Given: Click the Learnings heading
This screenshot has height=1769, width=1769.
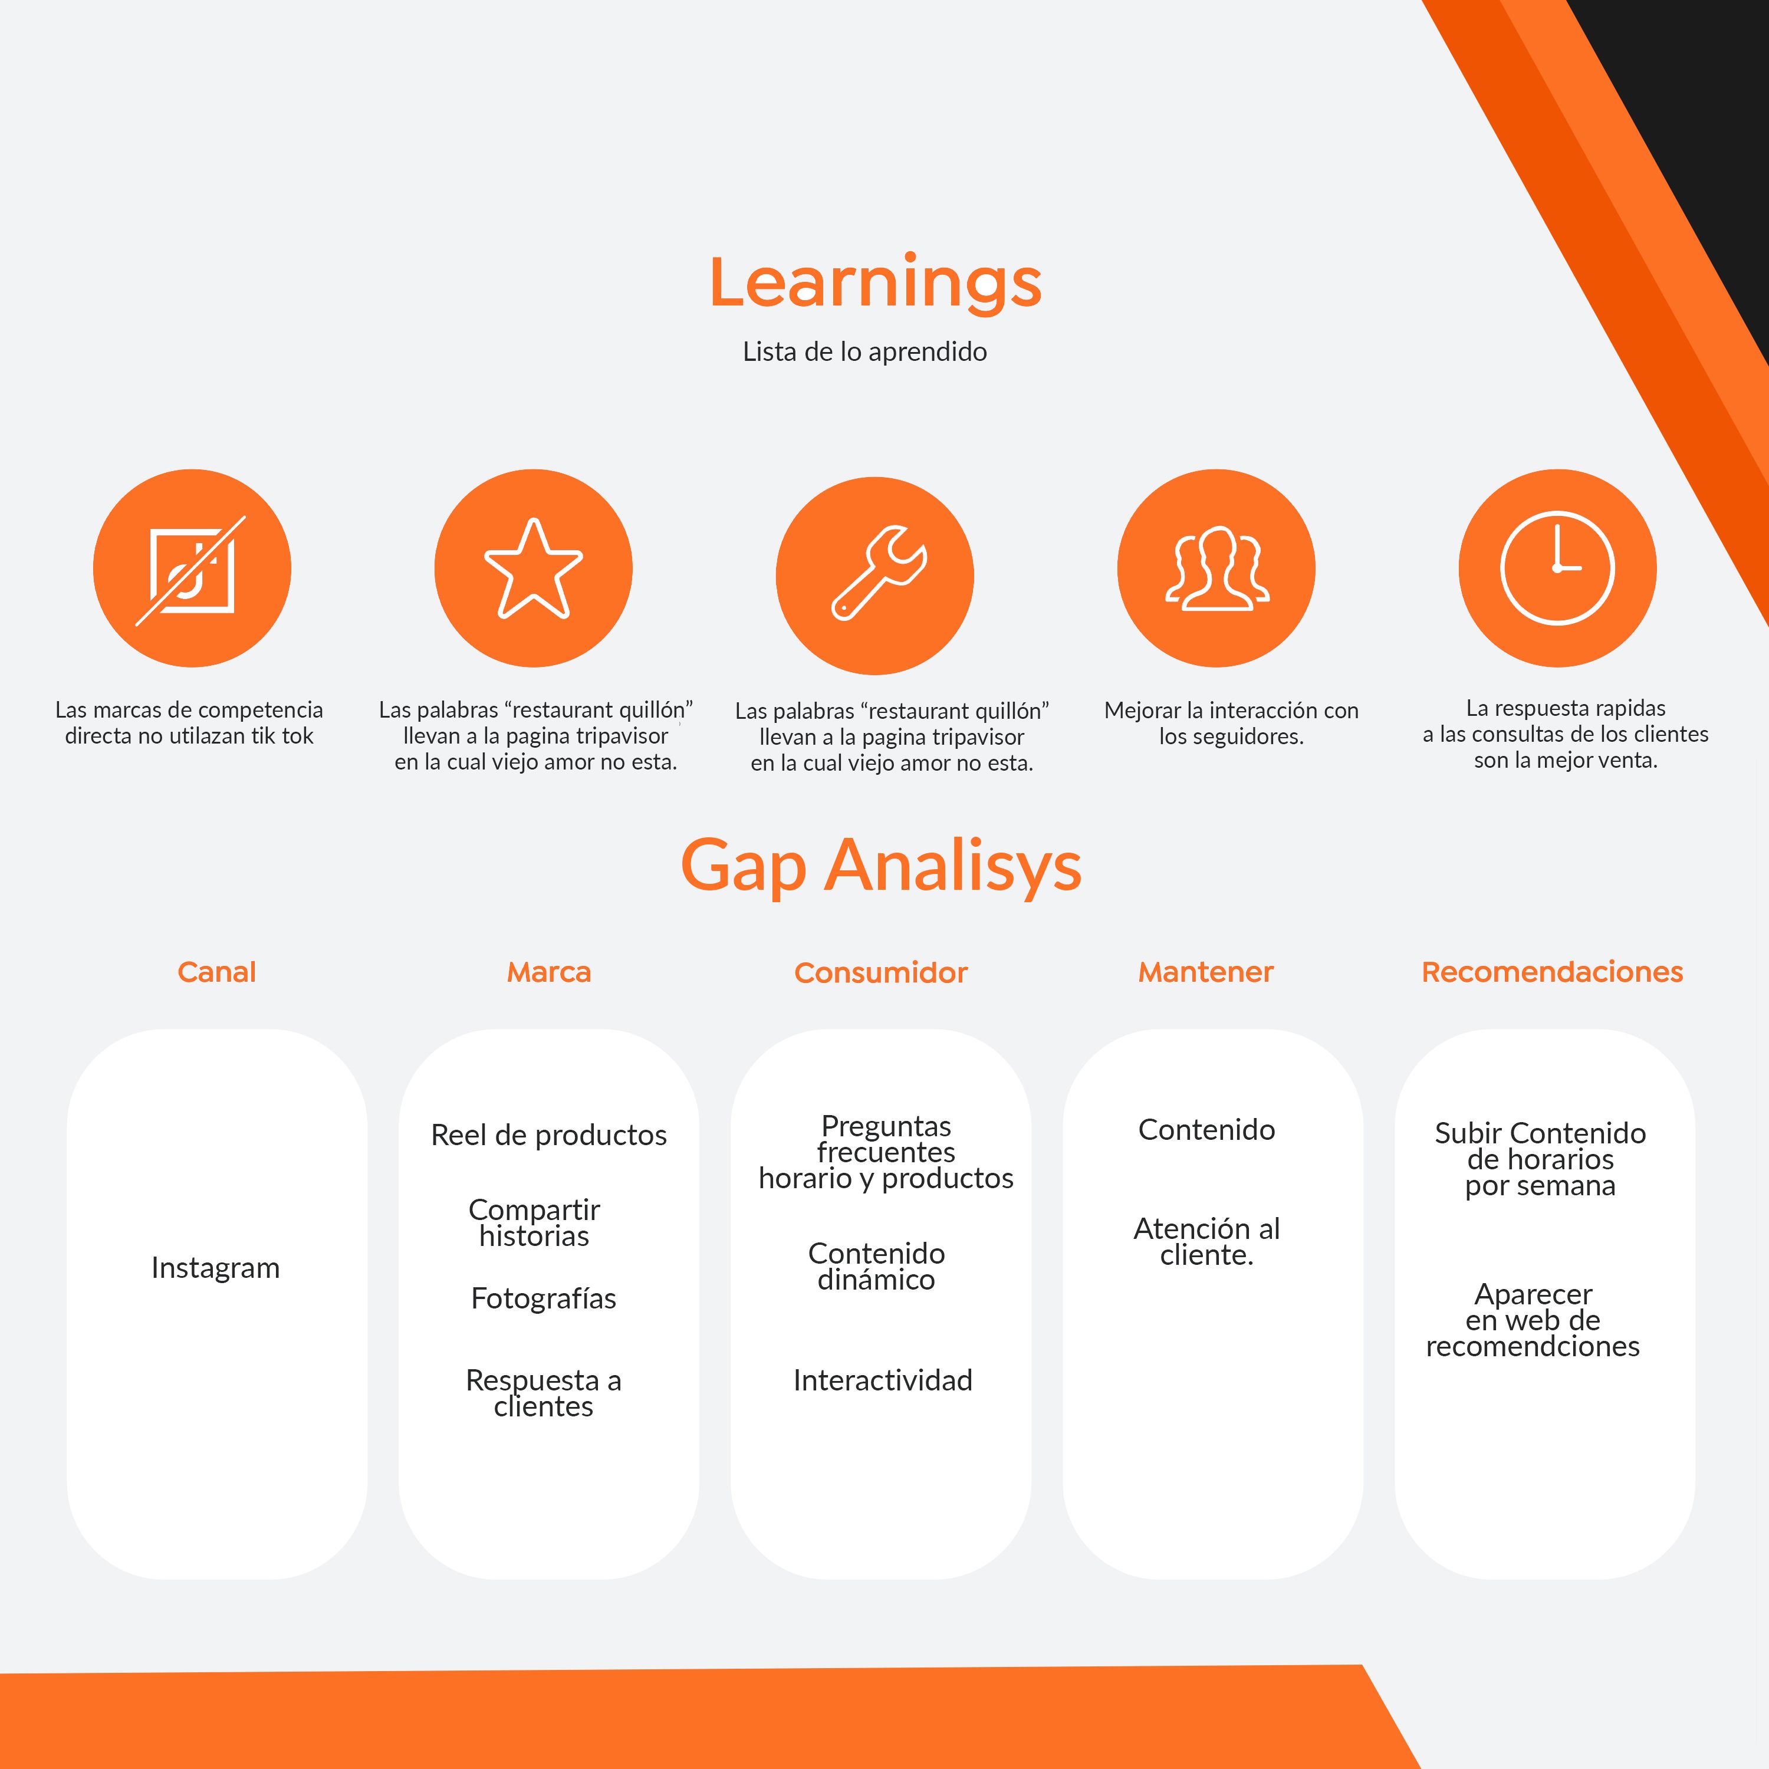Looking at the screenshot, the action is point(875,284).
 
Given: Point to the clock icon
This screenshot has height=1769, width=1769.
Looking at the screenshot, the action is point(1557,568).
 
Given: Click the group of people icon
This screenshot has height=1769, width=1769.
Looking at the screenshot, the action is point(1217,568).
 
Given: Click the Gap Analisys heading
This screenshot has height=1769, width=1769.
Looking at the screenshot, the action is point(881,866).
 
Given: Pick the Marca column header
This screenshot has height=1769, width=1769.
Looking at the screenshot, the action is point(550,972).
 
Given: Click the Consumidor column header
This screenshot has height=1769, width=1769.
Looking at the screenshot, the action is point(881,972).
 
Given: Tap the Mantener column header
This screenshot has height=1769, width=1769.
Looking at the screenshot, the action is point(1206,972).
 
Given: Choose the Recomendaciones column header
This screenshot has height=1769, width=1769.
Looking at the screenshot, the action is point(1552,972).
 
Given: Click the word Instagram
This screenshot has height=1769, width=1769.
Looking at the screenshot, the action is point(215,1268).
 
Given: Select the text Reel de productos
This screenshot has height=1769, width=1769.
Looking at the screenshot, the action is point(548,1135).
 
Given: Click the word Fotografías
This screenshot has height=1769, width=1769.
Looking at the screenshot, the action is point(544,1298).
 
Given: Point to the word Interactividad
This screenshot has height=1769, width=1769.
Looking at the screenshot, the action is point(883,1380).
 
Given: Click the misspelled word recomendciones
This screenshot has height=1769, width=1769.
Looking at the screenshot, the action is point(1533,1346).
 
